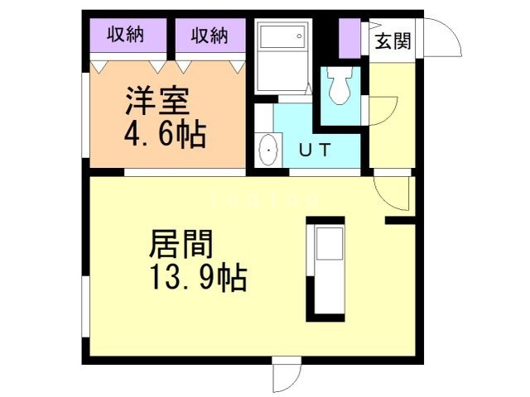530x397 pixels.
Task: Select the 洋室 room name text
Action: click(x=158, y=101)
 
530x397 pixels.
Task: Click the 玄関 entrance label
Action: click(x=393, y=41)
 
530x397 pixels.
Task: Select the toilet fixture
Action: click(x=339, y=86)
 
